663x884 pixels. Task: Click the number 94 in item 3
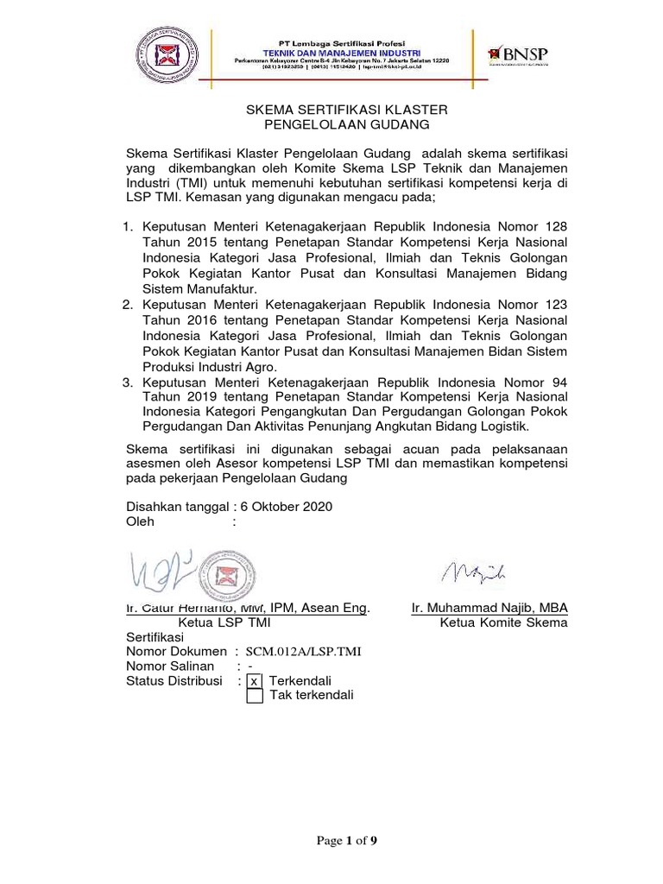coord(557,382)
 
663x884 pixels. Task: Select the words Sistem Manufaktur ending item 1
coord(193,289)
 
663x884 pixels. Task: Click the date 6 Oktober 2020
coord(279,507)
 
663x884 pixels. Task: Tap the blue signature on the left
coord(162,572)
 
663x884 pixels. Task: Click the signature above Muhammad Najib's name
coord(473,572)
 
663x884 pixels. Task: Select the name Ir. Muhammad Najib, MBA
coord(489,607)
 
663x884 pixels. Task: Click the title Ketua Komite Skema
coord(503,622)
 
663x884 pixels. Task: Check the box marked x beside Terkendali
coord(254,681)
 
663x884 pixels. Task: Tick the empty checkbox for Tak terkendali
coord(254,696)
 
